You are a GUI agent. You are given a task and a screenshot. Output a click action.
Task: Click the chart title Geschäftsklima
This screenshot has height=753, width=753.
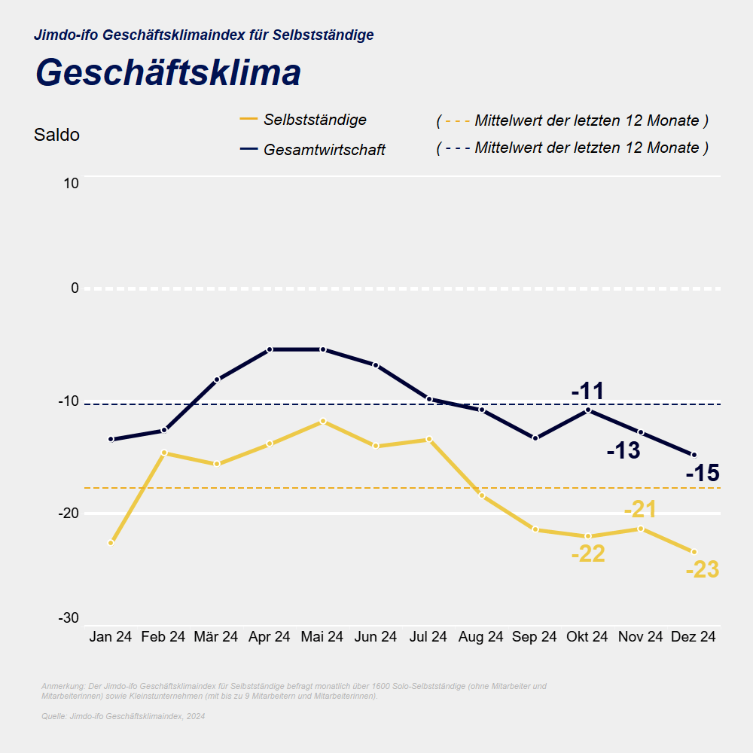[x=168, y=73]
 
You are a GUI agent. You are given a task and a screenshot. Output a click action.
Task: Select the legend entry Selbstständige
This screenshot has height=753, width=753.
[x=315, y=120]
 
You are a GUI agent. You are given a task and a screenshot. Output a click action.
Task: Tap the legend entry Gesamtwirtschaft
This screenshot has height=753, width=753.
[x=324, y=150]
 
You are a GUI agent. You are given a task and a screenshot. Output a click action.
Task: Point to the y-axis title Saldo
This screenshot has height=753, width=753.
[x=56, y=136]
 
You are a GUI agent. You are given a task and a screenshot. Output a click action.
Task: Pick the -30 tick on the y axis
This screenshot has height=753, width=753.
[x=69, y=618]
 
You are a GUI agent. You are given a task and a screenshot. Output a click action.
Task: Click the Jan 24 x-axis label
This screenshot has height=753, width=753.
[x=111, y=637]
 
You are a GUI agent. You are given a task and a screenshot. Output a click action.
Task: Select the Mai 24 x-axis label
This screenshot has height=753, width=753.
[x=322, y=637]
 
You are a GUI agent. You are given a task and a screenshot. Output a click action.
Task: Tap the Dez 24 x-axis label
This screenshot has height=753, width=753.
[x=694, y=637]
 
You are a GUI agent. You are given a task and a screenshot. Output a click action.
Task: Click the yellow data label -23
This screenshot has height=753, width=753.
[x=703, y=570]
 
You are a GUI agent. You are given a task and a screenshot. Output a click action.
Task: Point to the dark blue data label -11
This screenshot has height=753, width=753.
[x=588, y=392]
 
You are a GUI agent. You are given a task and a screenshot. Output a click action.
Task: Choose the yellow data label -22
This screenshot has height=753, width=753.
[x=588, y=554]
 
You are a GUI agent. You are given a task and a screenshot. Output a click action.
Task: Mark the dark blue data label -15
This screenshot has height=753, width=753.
[x=703, y=474]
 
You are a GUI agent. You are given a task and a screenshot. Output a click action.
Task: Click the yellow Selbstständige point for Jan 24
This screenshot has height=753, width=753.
[x=111, y=543]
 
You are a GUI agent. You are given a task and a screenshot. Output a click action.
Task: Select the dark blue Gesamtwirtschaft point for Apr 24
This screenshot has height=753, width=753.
[x=270, y=349]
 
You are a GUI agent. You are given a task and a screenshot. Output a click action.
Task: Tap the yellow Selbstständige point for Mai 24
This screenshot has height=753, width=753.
[x=322, y=421]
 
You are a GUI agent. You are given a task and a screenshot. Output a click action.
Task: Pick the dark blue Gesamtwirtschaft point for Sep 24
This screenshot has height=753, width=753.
[x=535, y=438]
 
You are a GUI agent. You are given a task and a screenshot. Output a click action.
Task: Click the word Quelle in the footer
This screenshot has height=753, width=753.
[x=53, y=716]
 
